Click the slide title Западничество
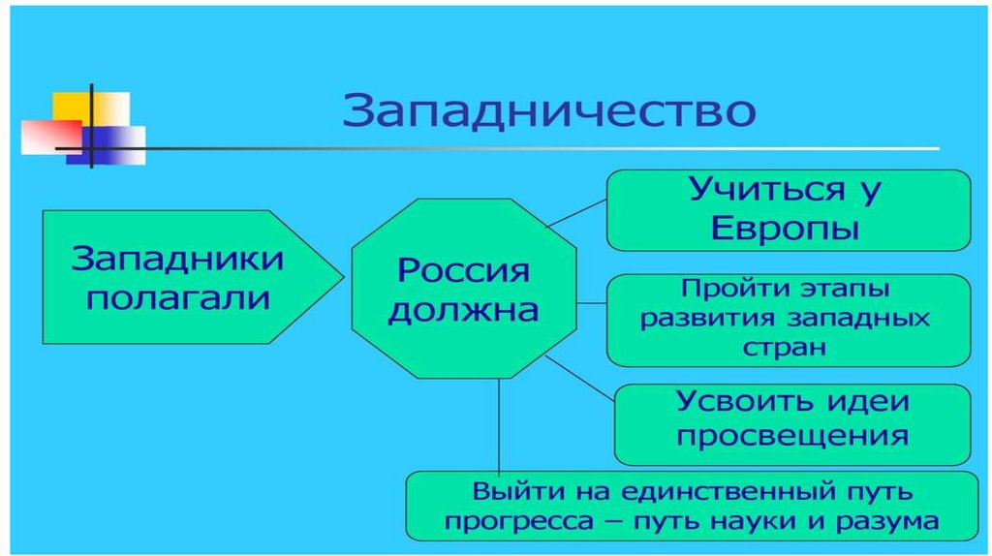(548, 111)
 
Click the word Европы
(786, 231)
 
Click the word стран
(786, 347)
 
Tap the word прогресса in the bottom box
(514, 520)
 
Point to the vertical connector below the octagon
(499, 426)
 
